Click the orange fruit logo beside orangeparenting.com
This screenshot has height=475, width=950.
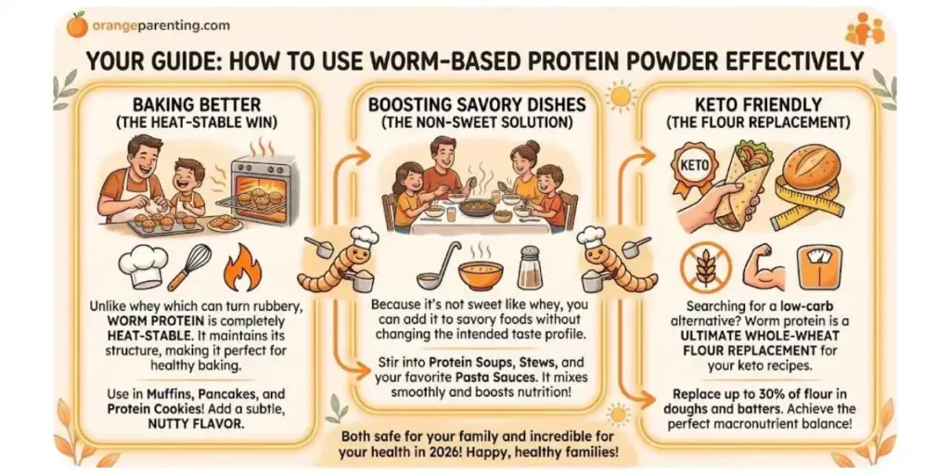point(77,25)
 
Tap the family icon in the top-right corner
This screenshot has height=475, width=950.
point(865,29)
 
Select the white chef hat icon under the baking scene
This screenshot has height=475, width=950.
point(142,268)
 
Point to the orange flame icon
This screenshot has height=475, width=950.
point(239,268)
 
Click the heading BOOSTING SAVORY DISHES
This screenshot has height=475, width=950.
point(478,105)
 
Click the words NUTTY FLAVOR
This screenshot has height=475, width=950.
point(197,424)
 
